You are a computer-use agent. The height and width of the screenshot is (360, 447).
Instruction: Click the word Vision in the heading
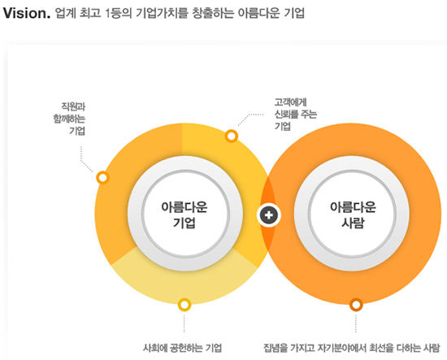tap(26, 13)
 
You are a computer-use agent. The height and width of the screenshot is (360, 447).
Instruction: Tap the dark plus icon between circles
tap(268, 215)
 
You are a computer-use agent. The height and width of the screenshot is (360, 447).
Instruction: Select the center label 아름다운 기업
tap(184, 215)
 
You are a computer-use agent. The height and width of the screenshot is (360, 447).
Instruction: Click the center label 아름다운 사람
tap(353, 215)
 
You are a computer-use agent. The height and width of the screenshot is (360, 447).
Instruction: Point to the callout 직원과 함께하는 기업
tap(69, 119)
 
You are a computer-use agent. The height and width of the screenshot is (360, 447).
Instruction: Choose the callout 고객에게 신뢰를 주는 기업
tap(296, 115)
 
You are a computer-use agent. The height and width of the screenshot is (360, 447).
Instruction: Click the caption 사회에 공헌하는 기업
tap(182, 348)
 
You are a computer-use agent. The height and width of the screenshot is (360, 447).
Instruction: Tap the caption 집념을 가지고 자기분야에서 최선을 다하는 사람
tap(351, 348)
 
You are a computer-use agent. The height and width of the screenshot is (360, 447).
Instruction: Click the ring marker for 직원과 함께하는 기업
tap(103, 178)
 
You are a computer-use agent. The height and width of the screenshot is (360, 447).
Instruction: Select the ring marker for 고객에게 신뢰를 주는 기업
tap(231, 136)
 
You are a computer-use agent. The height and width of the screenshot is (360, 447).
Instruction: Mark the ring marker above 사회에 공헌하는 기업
tap(184, 305)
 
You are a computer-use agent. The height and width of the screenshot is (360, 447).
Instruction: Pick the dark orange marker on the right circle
tap(356, 305)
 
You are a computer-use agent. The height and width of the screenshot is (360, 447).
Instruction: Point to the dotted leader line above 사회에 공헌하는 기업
tap(184, 323)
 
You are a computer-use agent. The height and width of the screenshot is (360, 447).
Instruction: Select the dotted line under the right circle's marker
tap(356, 323)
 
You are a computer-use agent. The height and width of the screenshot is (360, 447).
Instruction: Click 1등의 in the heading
tap(118, 13)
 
